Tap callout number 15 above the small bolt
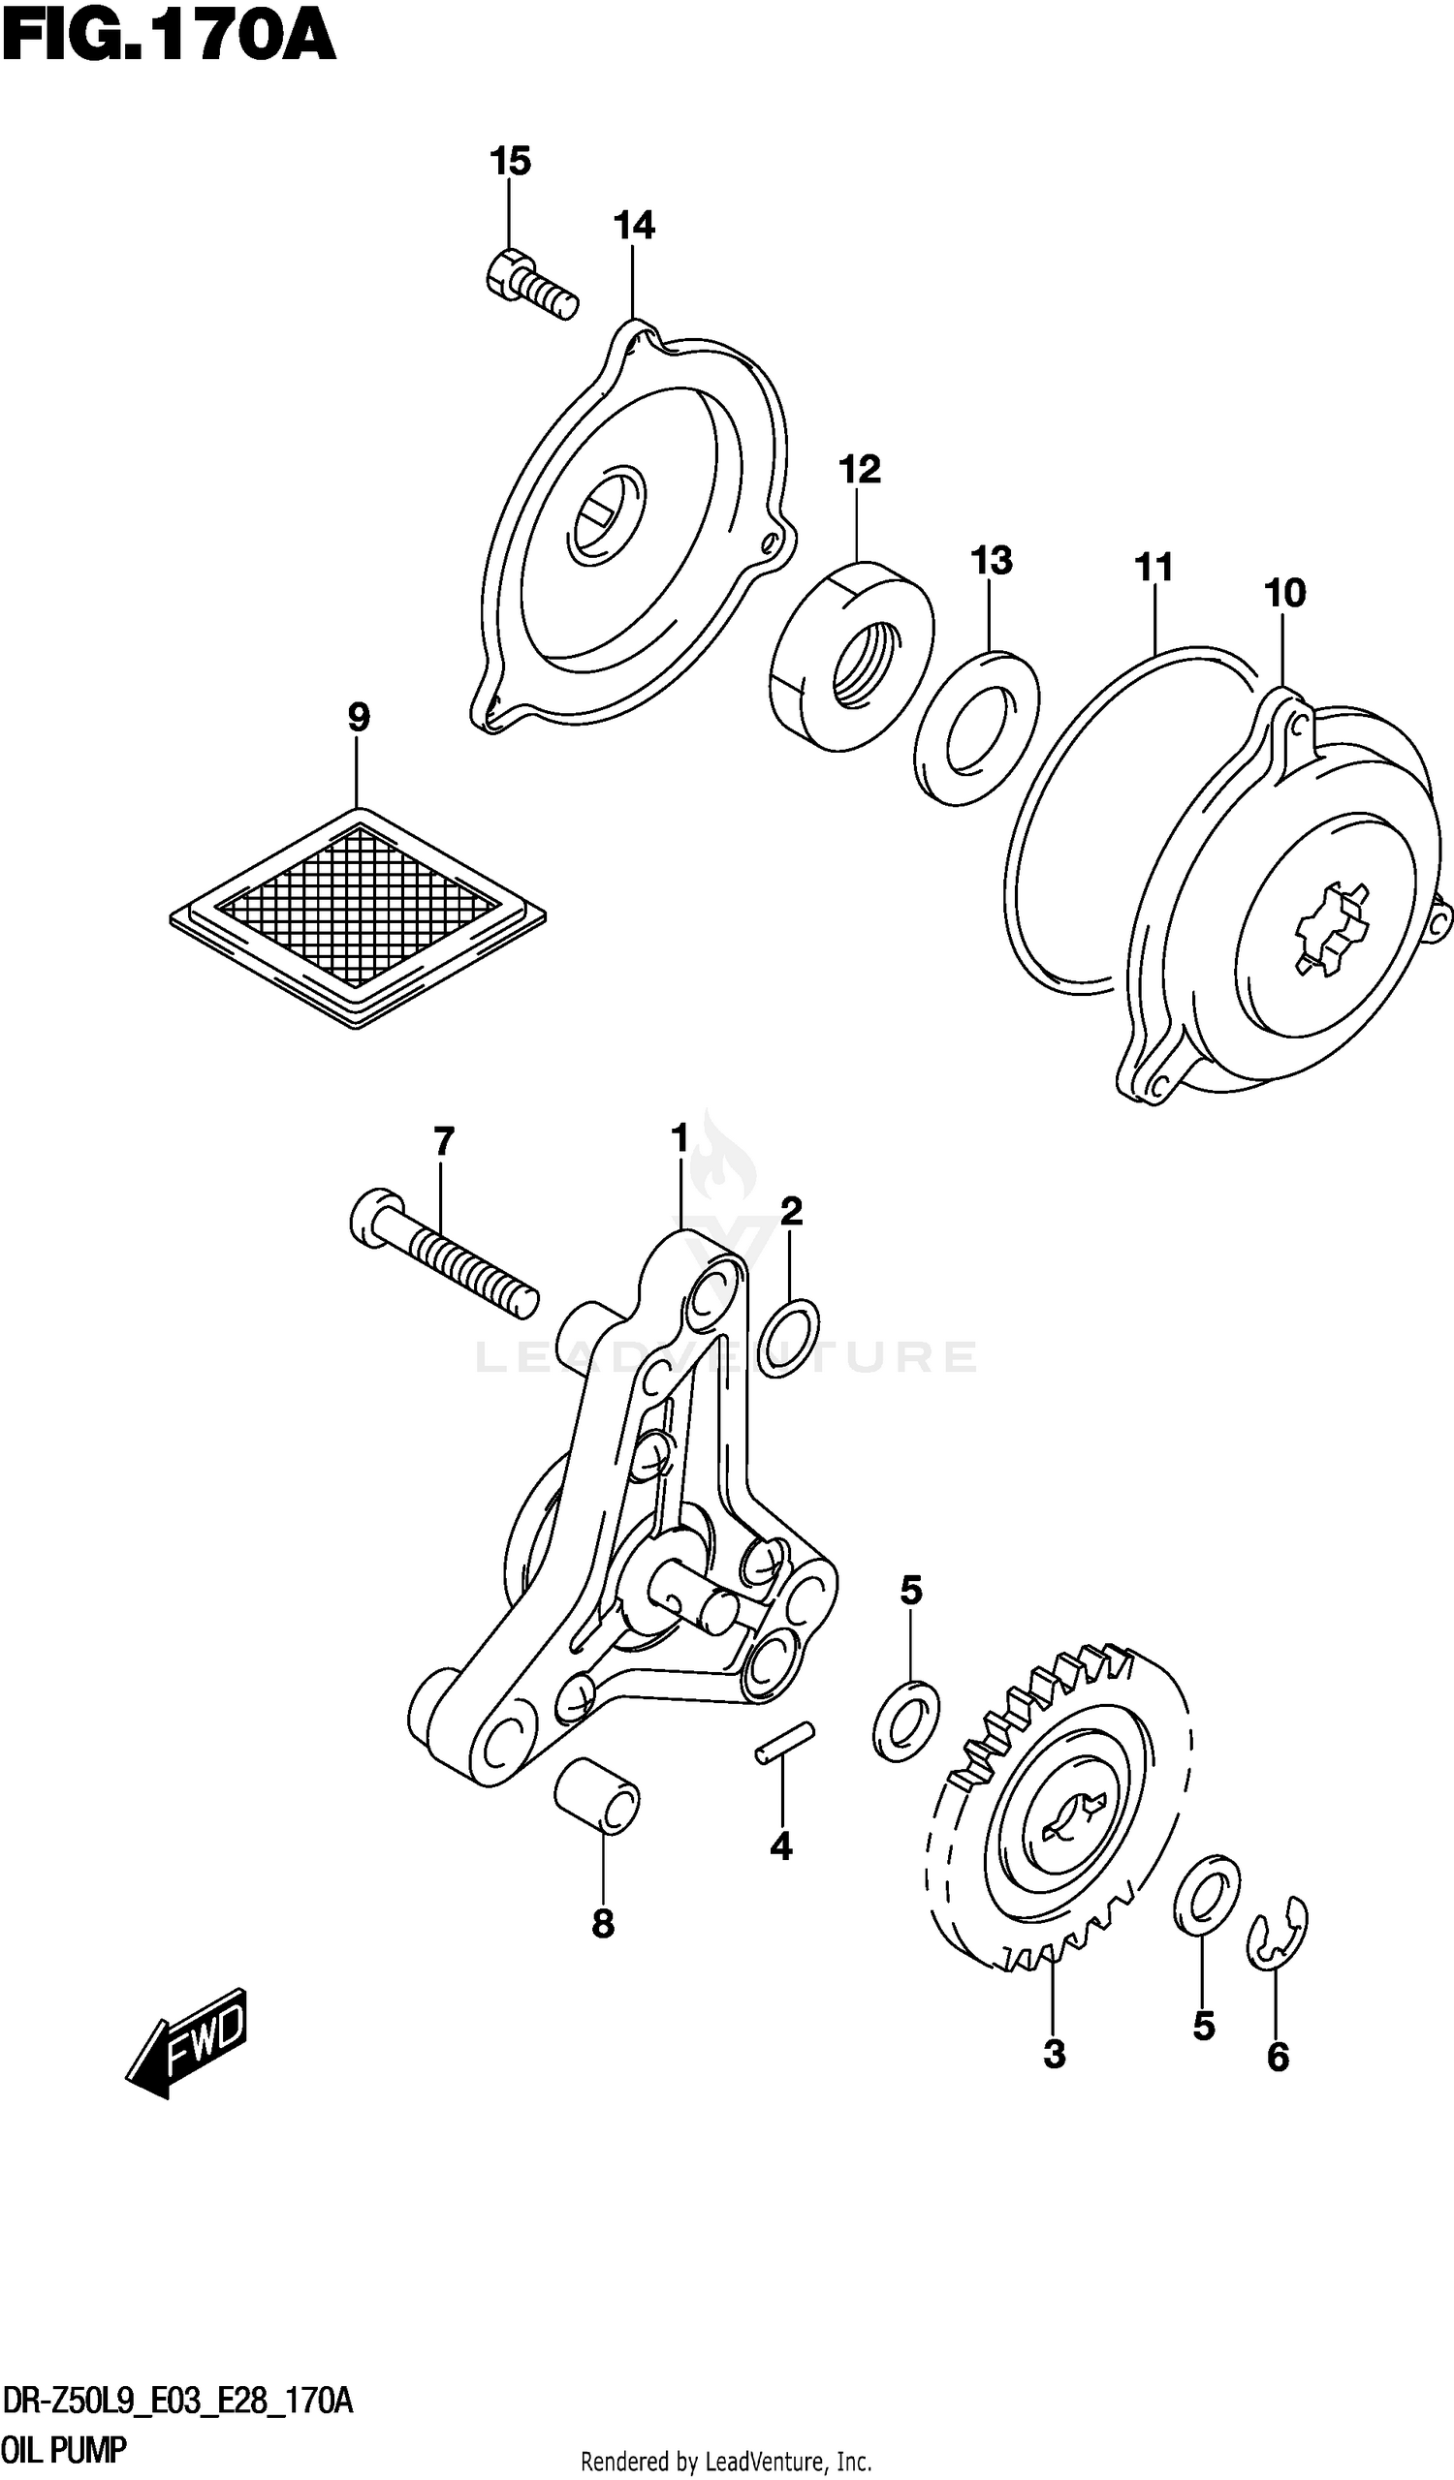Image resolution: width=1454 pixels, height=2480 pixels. tap(510, 161)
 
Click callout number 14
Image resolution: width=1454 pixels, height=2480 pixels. tap(634, 226)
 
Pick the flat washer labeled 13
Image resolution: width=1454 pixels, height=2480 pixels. tap(975, 728)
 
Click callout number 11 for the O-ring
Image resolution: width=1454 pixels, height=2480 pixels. tap(1154, 568)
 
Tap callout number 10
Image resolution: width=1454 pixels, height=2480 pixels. tap(1284, 594)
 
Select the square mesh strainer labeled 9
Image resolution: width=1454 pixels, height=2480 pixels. tap(358, 916)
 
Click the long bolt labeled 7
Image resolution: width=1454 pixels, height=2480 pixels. tap(443, 1254)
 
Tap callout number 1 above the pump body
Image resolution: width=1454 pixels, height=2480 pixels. tap(680, 1139)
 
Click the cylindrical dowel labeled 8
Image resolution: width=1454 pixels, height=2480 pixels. tap(596, 1795)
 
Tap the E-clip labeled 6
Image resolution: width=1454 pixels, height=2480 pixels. tap(1277, 1934)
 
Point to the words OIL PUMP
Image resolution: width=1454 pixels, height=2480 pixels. tap(64, 2445)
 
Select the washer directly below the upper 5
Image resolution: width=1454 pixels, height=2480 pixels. tap(905, 1720)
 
